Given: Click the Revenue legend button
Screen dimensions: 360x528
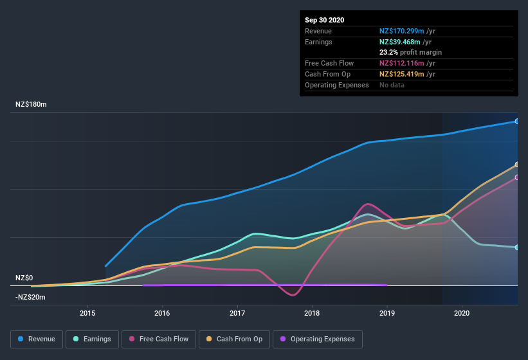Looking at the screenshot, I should click(x=37, y=339).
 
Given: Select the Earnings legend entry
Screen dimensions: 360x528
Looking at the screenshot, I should click(x=93, y=339).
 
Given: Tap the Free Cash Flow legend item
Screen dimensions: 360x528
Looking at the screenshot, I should click(x=159, y=339).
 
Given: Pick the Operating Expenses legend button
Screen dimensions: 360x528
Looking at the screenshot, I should click(x=318, y=339).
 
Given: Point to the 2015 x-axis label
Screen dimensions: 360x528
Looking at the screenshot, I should click(x=87, y=313).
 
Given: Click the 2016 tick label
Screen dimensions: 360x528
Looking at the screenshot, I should click(x=162, y=313).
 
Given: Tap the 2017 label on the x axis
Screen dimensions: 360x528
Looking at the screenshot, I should click(x=237, y=313).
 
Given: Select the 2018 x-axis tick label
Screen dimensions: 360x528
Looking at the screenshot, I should click(x=312, y=313).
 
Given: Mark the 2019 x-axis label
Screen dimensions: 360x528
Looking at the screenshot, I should click(x=387, y=313).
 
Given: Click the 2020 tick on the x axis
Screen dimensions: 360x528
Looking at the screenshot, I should click(x=462, y=313).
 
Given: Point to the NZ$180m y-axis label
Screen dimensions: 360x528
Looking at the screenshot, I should click(x=32, y=104).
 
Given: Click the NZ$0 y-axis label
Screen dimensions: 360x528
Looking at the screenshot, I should click(x=24, y=278).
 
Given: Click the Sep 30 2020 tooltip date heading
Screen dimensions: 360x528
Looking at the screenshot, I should click(x=324, y=20).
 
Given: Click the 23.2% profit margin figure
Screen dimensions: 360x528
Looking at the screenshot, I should click(x=389, y=52).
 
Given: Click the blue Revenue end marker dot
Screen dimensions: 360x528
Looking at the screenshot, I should click(x=517, y=121).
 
